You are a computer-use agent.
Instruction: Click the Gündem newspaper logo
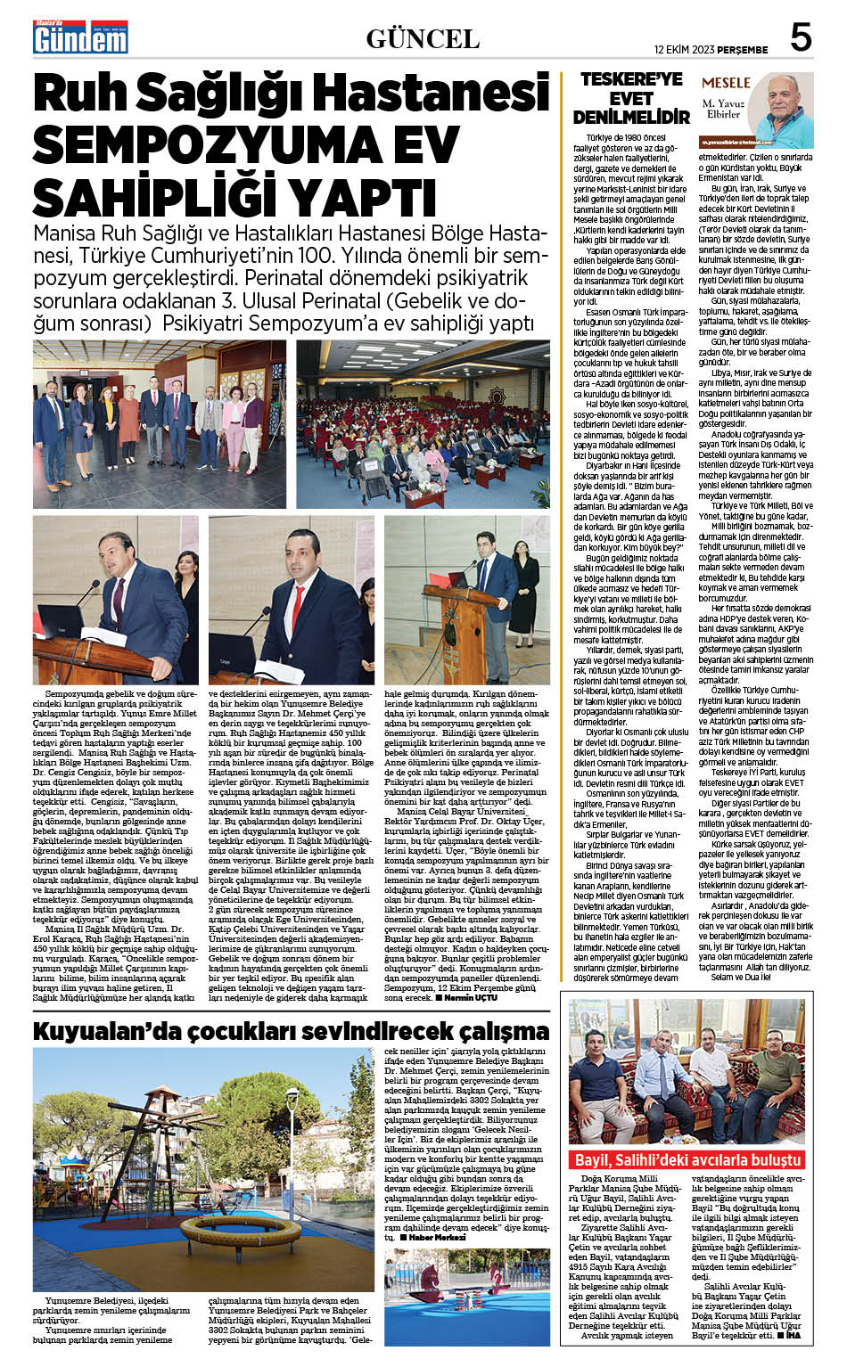pyautogui.click(x=80, y=37)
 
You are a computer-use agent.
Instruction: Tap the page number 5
pyautogui.click(x=800, y=37)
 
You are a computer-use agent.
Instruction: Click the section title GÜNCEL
pyautogui.click(x=423, y=38)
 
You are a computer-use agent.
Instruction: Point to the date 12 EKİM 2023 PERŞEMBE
pyautogui.click(x=711, y=49)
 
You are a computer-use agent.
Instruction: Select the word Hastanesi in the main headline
pyautogui.click(x=438, y=94)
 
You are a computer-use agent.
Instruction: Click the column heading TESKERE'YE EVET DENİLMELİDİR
pyautogui.click(x=631, y=98)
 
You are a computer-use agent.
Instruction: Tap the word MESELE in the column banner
pyautogui.click(x=726, y=82)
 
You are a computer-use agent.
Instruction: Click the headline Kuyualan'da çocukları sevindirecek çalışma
pyautogui.click(x=291, y=1031)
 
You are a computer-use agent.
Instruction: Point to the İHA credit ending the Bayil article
pyautogui.click(x=805, y=1335)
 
